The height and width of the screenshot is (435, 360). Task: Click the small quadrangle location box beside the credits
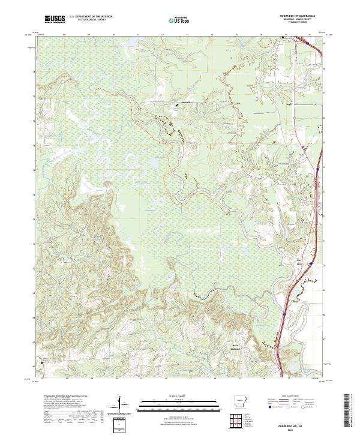(119, 424)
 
